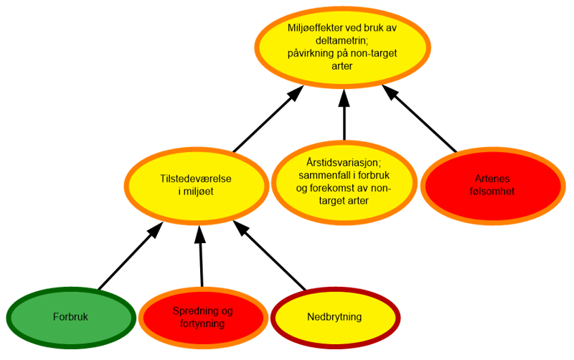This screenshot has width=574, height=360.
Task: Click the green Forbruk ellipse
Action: tap(70, 316)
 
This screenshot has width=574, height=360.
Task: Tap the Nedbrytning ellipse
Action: tap(334, 316)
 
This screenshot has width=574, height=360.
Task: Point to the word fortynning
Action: tap(203, 323)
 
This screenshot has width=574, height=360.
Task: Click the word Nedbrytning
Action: tap(334, 316)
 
